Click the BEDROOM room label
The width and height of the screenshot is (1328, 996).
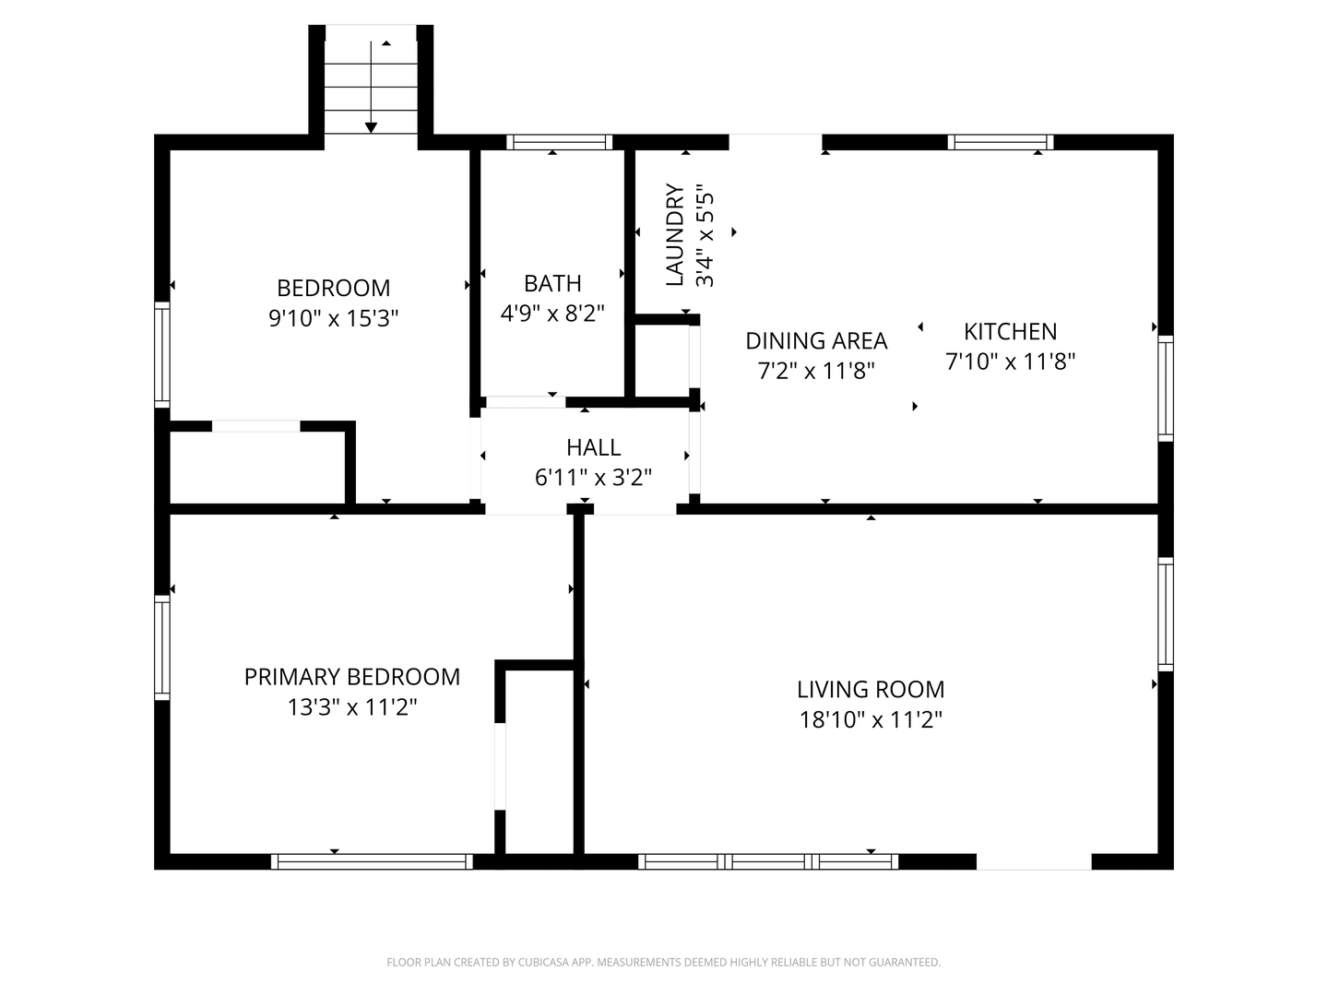click(x=333, y=288)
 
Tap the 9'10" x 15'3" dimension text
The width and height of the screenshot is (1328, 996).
click(x=333, y=318)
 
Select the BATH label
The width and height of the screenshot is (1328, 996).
click(x=552, y=284)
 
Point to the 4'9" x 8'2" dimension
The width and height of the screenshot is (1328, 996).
click(x=552, y=314)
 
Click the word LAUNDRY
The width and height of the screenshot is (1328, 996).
click(x=674, y=234)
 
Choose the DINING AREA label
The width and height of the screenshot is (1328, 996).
click(x=816, y=341)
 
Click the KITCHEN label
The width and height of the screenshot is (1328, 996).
click(x=1010, y=331)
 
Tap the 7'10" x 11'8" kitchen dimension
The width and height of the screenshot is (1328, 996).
click(x=1010, y=362)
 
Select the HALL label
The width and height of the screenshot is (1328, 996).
click(x=594, y=447)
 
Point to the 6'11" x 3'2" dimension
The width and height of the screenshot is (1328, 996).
click(x=594, y=478)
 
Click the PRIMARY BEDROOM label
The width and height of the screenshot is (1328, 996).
click(x=352, y=677)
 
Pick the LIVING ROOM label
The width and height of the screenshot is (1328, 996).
click(x=871, y=690)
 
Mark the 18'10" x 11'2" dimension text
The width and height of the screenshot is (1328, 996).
click(x=871, y=719)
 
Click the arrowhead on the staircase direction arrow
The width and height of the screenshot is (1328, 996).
click(x=371, y=127)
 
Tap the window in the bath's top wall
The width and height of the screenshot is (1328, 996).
click(x=560, y=143)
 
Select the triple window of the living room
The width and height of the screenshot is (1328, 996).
click(x=768, y=861)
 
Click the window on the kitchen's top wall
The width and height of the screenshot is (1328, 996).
click(x=1001, y=143)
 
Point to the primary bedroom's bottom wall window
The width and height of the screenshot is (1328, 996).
click(x=372, y=861)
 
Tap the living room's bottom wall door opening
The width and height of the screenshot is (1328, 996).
click(x=1034, y=861)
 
